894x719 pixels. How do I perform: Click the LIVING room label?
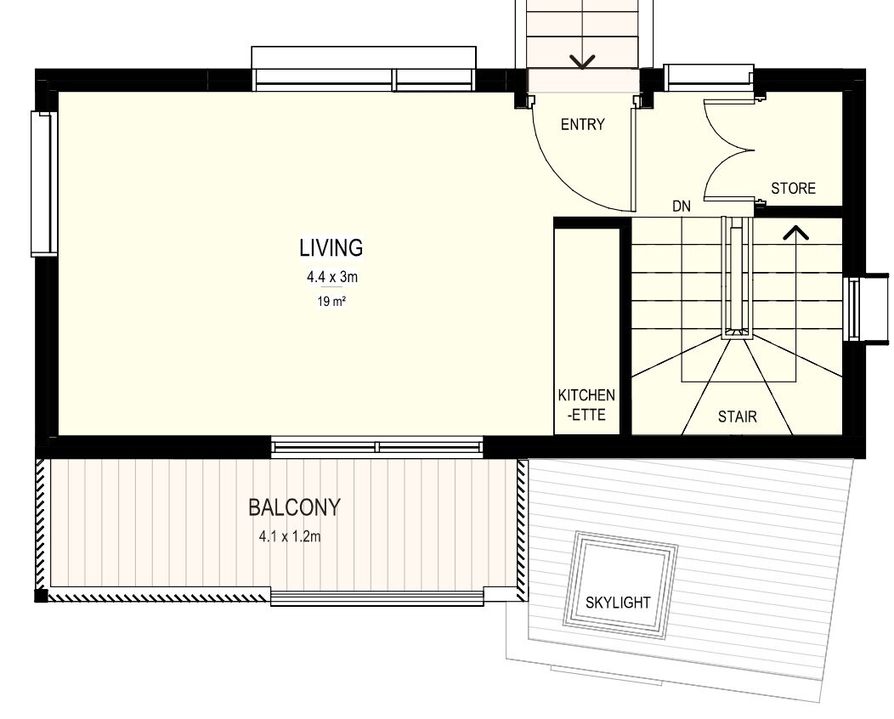[x=331, y=247]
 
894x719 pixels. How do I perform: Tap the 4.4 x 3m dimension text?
[x=332, y=277]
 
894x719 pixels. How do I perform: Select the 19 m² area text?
[x=331, y=301]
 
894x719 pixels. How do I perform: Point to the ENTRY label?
[x=582, y=124]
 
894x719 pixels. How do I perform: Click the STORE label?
[x=793, y=188]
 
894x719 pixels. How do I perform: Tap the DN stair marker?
[x=682, y=206]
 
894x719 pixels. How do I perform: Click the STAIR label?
[x=737, y=416]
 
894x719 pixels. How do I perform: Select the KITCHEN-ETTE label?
[x=586, y=405]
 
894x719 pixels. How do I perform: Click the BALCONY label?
[x=294, y=507]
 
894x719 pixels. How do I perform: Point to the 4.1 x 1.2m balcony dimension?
[x=290, y=536]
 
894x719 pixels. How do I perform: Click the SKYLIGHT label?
[x=618, y=602]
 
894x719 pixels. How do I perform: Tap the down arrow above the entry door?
[x=582, y=61]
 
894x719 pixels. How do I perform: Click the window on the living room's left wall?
[x=44, y=183]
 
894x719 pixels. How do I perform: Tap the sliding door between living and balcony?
[x=376, y=446]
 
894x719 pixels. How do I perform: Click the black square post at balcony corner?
[x=41, y=595]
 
